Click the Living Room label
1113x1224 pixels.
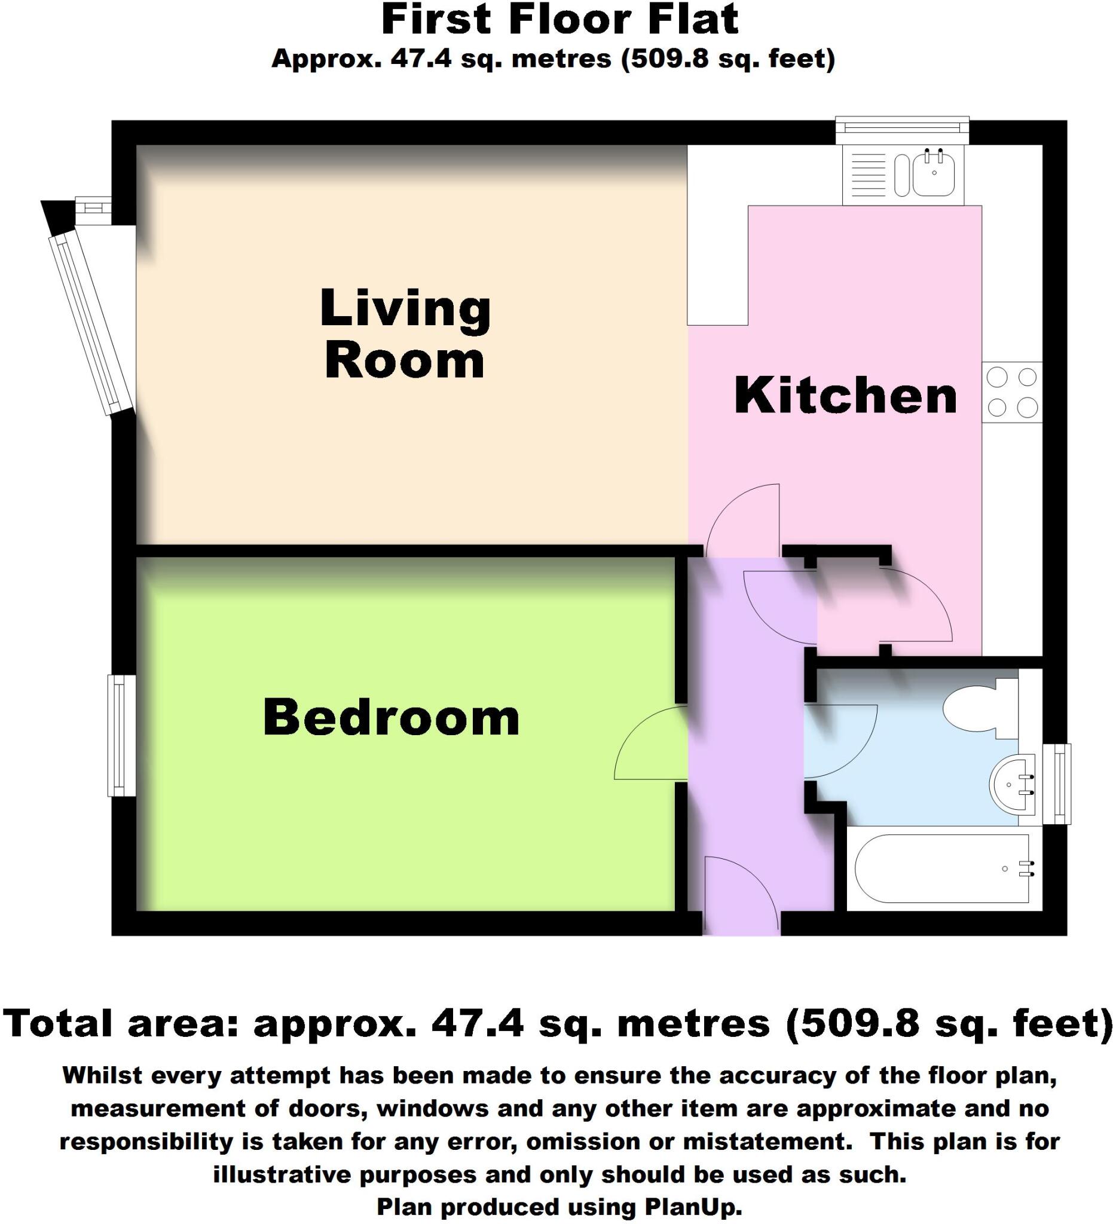click(405, 334)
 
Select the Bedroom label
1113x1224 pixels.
click(391, 718)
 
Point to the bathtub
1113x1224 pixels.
click(941, 869)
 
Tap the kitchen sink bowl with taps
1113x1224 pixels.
click(934, 173)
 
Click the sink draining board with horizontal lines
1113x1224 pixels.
click(868, 175)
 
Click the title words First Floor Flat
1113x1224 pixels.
click(559, 20)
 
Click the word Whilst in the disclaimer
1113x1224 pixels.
click(102, 1075)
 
